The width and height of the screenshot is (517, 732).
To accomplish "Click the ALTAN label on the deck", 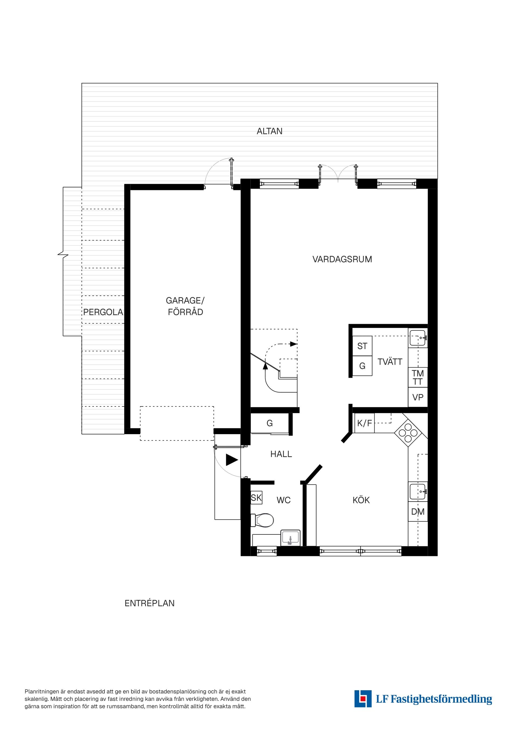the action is (270, 131).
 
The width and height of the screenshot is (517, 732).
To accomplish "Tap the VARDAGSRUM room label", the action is (342, 259).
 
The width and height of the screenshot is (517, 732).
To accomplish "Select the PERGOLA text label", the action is (103, 312).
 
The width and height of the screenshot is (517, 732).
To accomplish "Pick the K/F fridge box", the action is (364, 423).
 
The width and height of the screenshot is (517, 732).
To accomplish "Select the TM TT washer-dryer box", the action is (418, 378).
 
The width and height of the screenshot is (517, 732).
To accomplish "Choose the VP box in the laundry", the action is (418, 397).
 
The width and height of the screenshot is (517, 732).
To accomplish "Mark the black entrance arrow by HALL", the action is (232, 460).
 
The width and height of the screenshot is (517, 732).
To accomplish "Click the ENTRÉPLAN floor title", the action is (149, 603).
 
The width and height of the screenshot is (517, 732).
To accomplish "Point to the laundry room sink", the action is (418, 338).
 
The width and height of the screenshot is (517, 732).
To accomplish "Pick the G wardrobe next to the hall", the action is (270, 423).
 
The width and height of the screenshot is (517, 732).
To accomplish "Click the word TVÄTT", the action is (390, 362).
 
